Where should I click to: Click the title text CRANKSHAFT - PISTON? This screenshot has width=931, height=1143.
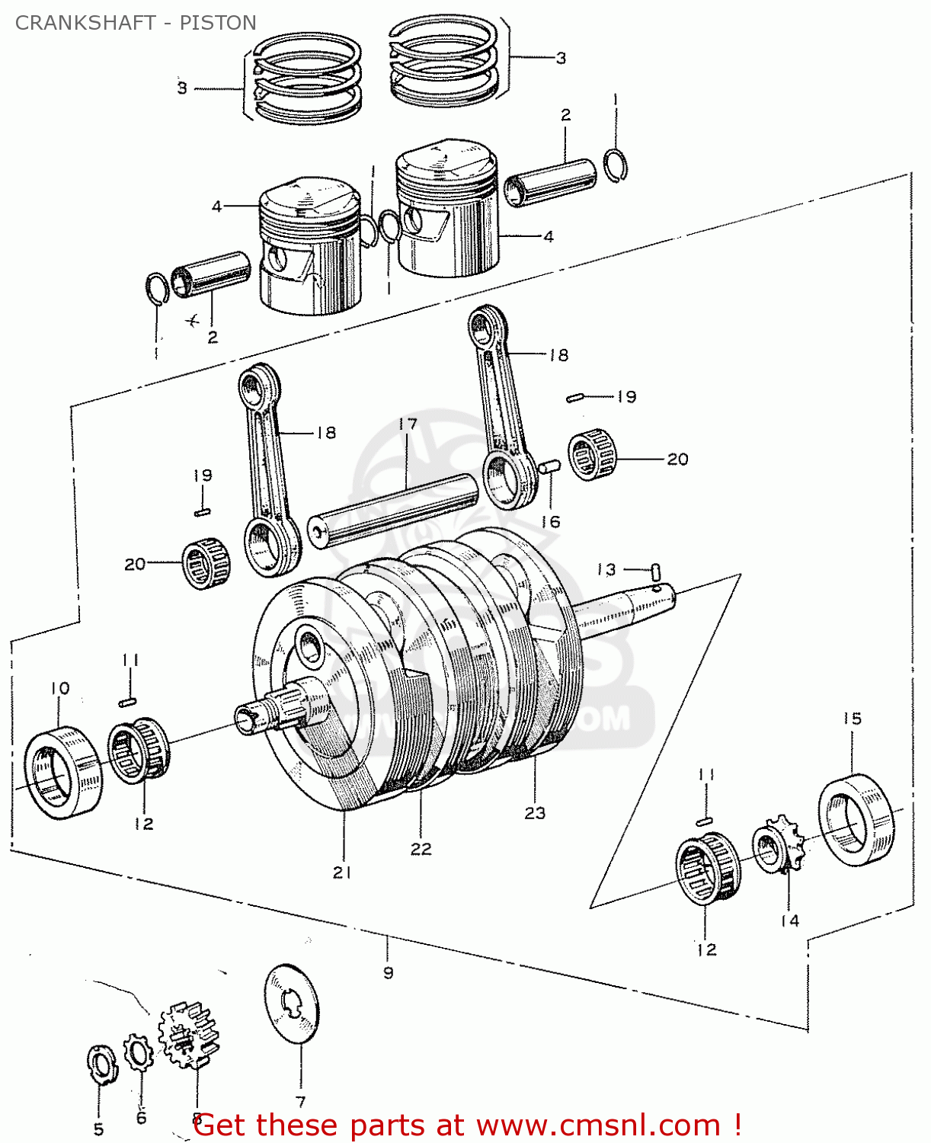[136, 23]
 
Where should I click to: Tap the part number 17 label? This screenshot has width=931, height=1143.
[408, 424]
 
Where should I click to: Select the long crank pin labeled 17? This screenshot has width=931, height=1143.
[393, 509]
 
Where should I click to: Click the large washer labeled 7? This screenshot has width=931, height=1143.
[292, 1004]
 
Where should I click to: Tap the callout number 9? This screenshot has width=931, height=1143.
[388, 972]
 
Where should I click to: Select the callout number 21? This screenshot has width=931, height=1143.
[342, 872]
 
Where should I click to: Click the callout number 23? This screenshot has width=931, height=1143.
[535, 813]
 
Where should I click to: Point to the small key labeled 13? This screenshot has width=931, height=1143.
[656, 571]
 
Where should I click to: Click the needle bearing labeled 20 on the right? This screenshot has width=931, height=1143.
[593, 455]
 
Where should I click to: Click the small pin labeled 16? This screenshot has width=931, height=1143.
[550, 466]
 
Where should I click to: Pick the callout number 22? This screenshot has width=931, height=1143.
[421, 849]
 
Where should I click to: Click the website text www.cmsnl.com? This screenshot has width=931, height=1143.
[598, 1125]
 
